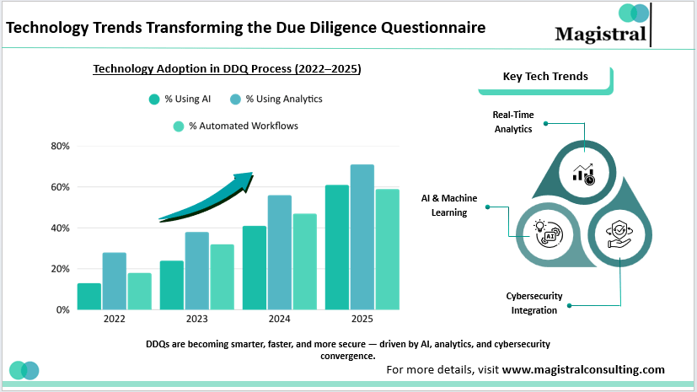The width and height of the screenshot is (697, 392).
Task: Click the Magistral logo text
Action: point(601,33)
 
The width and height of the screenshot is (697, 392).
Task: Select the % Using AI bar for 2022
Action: point(88,296)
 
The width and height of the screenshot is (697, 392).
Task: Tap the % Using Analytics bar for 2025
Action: point(362,237)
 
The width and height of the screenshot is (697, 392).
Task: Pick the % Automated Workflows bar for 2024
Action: point(304,261)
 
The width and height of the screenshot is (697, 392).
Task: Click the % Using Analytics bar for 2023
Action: point(196,271)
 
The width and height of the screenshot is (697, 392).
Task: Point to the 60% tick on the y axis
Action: point(59,187)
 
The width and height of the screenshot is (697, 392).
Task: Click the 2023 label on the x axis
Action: point(196,320)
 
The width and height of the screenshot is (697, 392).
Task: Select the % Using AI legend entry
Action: point(180,99)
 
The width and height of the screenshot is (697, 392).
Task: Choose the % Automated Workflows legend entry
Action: point(235,126)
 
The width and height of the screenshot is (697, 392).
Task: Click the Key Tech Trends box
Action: point(545,77)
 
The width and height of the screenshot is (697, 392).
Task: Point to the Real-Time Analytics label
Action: point(512,121)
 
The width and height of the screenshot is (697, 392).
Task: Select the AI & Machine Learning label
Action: point(449,205)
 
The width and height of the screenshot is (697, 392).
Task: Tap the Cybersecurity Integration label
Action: point(534,303)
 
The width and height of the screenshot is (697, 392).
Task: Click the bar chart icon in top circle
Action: point(583,173)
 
